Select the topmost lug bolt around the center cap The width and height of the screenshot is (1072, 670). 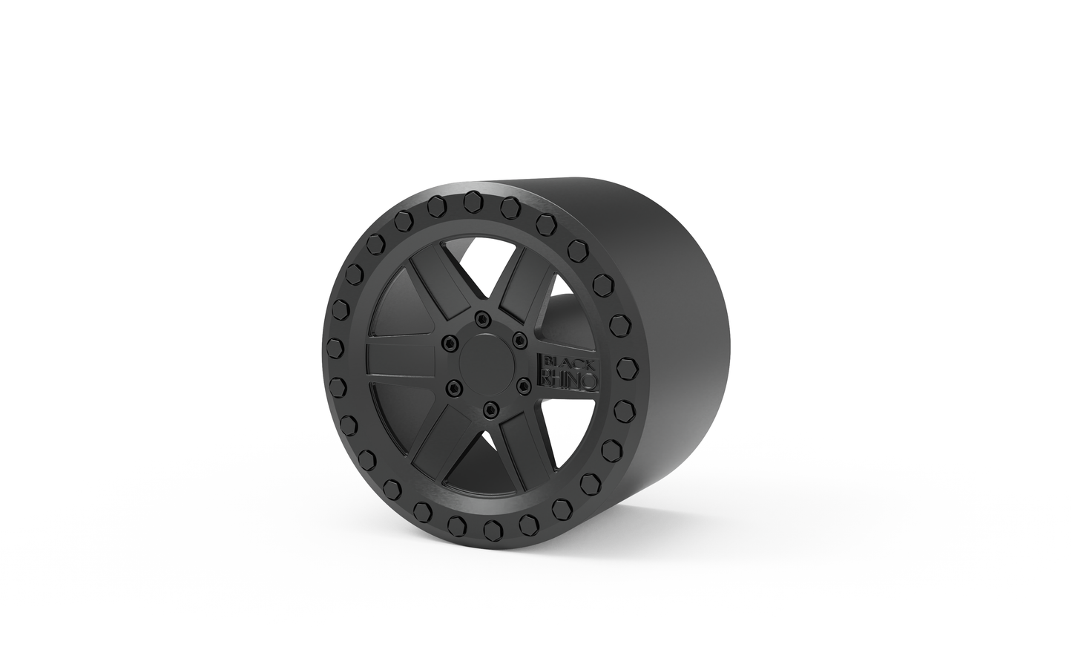(484, 320)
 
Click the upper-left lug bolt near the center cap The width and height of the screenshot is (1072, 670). (449, 343)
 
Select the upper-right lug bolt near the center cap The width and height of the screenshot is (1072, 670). (519, 341)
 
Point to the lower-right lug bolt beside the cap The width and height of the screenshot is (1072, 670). (522, 384)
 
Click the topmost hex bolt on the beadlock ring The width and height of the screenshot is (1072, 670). (470, 200)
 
